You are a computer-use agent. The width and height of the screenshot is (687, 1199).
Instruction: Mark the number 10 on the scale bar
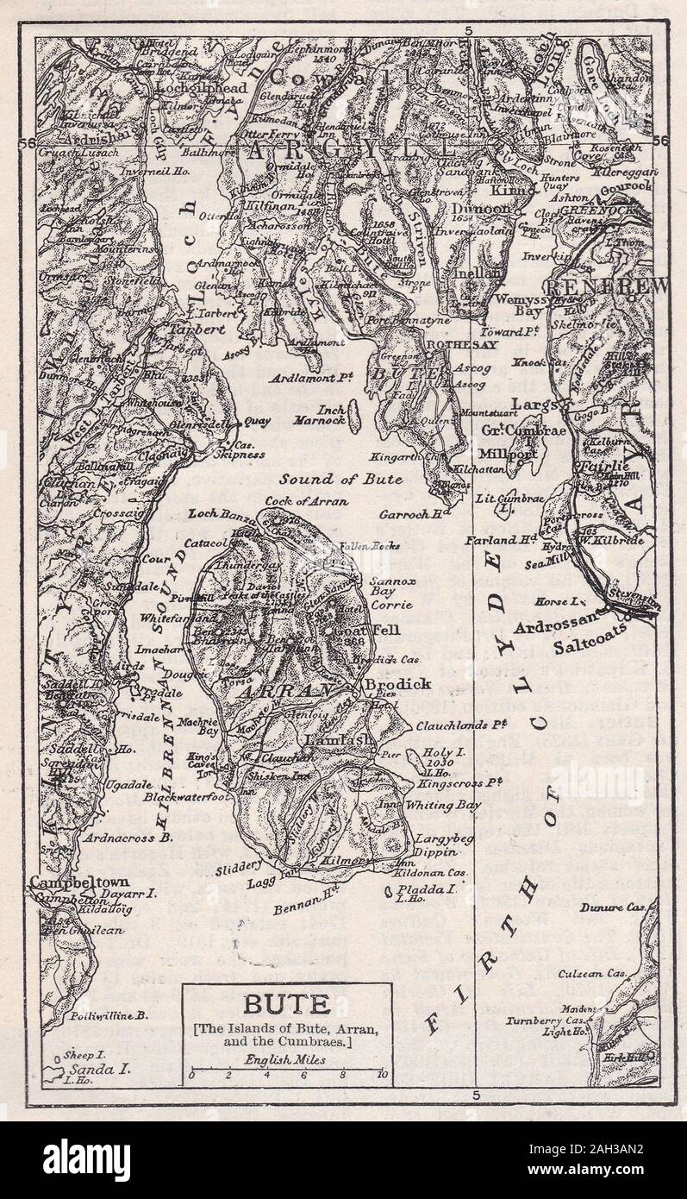coord(382,1076)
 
